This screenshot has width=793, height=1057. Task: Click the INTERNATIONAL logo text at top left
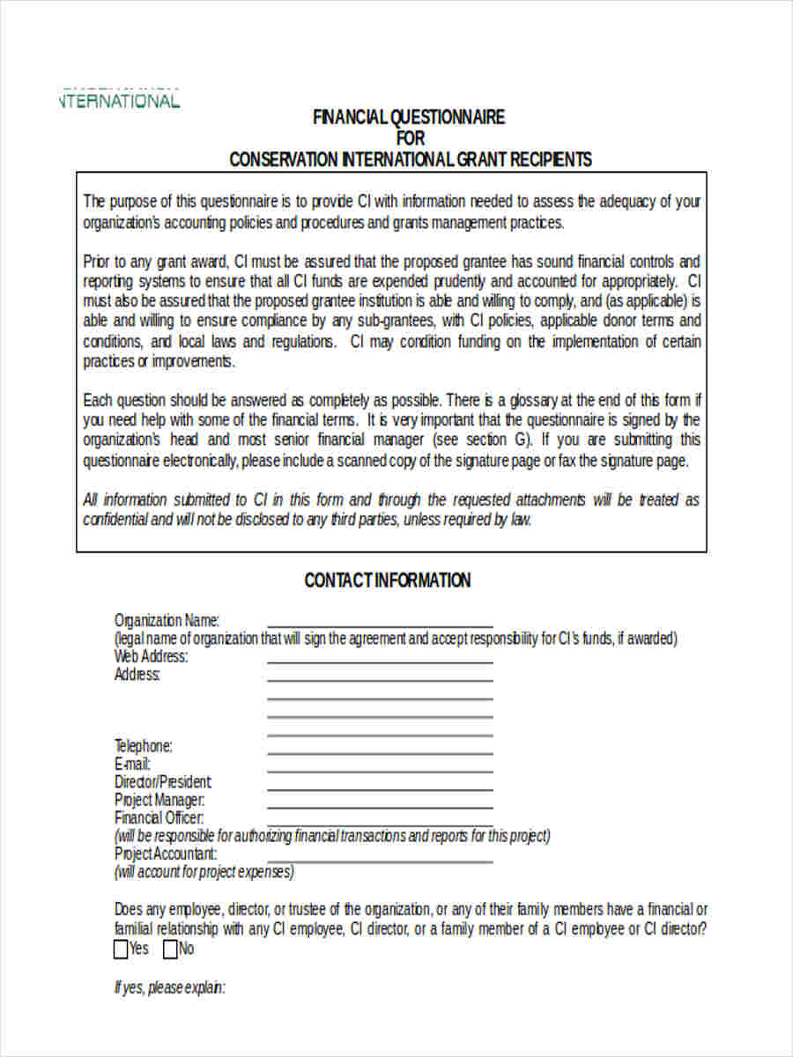coord(120,100)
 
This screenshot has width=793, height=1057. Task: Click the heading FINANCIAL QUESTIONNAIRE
coord(409,117)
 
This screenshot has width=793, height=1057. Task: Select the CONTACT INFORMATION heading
coord(387,580)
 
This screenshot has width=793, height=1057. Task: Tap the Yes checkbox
coord(122,950)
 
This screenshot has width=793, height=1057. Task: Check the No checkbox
coord(169,950)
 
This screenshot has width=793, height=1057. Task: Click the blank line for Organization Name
coord(380,625)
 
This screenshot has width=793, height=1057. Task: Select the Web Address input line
coord(380,661)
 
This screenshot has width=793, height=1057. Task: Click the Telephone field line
coord(380,751)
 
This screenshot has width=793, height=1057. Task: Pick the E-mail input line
coord(380,770)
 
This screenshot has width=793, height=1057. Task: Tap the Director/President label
coord(163,782)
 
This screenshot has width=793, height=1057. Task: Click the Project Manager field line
coord(380,806)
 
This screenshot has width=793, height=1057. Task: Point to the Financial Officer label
coord(159,818)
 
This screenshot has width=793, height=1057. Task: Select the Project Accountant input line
coord(380,860)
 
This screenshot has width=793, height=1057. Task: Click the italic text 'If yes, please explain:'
coord(170,988)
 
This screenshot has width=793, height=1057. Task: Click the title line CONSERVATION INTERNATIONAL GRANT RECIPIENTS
coord(411,159)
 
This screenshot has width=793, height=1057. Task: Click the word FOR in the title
coord(410,138)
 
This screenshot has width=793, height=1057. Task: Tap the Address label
coord(137,675)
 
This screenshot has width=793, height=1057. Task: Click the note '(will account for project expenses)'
coord(204,872)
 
